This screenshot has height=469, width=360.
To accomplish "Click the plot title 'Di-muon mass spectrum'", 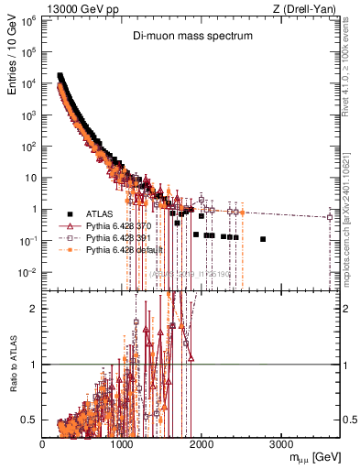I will click(192, 38).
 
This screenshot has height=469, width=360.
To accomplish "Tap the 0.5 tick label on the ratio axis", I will click(30, 420).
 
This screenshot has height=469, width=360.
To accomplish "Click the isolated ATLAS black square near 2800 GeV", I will click(263, 239).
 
